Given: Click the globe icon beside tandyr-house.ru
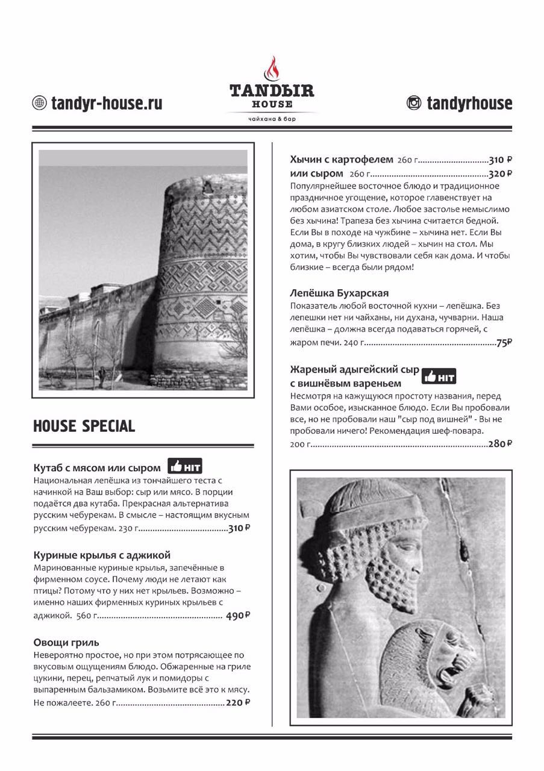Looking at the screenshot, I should (x=40, y=103).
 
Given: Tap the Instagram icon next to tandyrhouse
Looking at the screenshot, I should (x=414, y=103).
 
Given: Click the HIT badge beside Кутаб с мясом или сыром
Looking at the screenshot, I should (x=184, y=467).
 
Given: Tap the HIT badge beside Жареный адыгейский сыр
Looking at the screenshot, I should (x=439, y=376).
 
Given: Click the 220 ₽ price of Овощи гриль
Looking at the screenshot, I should (x=238, y=702).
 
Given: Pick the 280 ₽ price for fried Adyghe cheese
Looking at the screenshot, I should (x=500, y=444).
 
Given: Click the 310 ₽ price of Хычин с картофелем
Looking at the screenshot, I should (x=500, y=160).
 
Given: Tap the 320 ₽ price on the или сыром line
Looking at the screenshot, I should (x=500, y=173).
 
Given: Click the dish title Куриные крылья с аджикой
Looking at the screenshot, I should (x=102, y=555).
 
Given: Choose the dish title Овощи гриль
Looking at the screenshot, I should (x=66, y=642).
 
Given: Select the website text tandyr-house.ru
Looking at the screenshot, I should (x=107, y=103).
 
